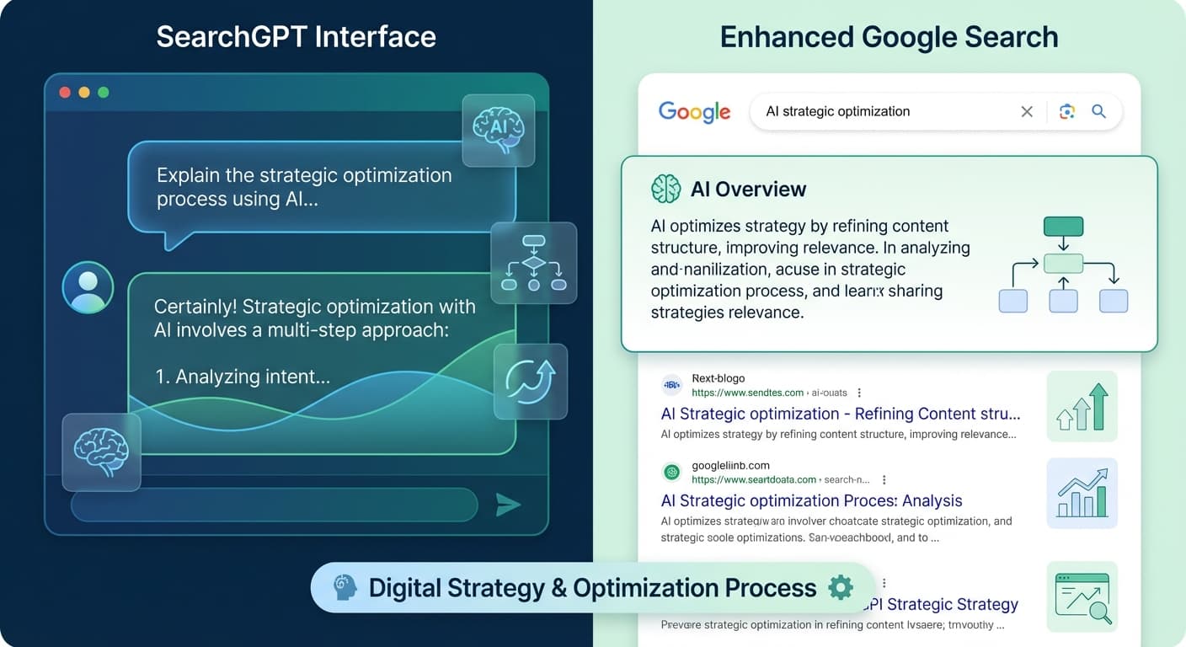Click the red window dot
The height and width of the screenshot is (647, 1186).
pyautogui.click(x=65, y=93)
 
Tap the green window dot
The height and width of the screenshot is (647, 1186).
pyautogui.click(x=103, y=93)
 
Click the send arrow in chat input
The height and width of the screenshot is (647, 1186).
pyautogui.click(x=508, y=505)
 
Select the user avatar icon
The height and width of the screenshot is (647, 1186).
pyautogui.click(x=88, y=287)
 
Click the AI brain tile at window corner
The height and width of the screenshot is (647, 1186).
pyautogui.click(x=499, y=129)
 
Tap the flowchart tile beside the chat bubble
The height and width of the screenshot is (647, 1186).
pyautogui.click(x=533, y=263)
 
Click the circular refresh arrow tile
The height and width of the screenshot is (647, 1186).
pyautogui.click(x=531, y=381)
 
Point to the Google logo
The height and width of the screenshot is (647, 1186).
pyautogui.click(x=694, y=112)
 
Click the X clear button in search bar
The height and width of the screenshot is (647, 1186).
pyautogui.click(x=1027, y=111)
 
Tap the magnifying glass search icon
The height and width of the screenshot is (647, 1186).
pyautogui.click(x=1098, y=111)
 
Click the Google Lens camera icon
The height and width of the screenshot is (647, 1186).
pyautogui.click(x=1067, y=111)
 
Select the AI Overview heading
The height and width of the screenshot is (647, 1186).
pyautogui.click(x=748, y=190)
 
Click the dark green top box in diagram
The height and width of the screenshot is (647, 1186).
pyautogui.click(x=1063, y=227)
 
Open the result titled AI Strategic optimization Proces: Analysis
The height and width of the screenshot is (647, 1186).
pyautogui.click(x=811, y=500)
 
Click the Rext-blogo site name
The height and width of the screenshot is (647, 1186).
pyautogui.click(x=718, y=378)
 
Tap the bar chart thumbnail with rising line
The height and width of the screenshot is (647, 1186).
pyautogui.click(x=1082, y=493)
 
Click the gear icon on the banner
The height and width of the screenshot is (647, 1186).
pyautogui.click(x=841, y=587)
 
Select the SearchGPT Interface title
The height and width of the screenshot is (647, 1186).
pyautogui.click(x=296, y=37)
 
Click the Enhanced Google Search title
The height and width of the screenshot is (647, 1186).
pyautogui.click(x=889, y=37)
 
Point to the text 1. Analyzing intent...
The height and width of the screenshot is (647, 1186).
pyautogui.click(x=243, y=377)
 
